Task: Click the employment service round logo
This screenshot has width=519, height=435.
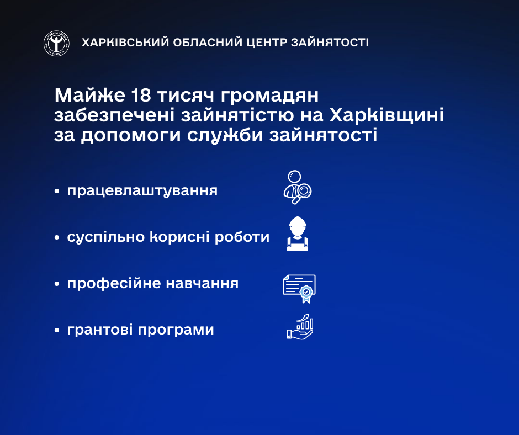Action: pyautogui.click(x=57, y=43)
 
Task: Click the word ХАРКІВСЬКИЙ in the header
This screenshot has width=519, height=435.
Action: pyautogui.click(x=125, y=43)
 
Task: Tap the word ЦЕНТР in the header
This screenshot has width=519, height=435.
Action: pyautogui.click(x=266, y=43)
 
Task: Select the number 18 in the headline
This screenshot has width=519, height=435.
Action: pyautogui.click(x=141, y=96)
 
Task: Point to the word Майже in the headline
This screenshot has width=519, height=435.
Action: pyautogui.click(x=89, y=96)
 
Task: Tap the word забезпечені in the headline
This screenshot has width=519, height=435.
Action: pyautogui.click(x=114, y=115)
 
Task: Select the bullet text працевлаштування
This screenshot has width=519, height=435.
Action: pyautogui.click(x=142, y=191)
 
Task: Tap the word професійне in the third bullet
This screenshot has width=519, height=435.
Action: pyautogui.click(x=114, y=284)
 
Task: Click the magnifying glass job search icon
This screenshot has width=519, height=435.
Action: pyautogui.click(x=298, y=187)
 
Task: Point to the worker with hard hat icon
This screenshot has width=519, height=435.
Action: pyautogui.click(x=297, y=234)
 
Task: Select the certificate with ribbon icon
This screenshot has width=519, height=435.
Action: pyautogui.click(x=299, y=289)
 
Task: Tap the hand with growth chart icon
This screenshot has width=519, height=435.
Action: pyautogui.click(x=300, y=326)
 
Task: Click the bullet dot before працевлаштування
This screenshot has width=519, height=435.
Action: pyautogui.click(x=57, y=192)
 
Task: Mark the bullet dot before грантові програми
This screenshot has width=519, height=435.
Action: pyautogui.click(x=57, y=330)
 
